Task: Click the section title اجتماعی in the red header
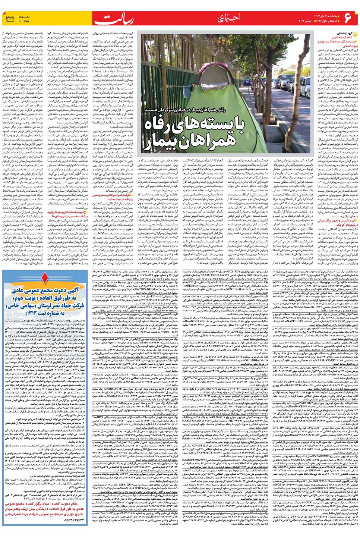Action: pyautogui.click(x=229, y=18)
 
